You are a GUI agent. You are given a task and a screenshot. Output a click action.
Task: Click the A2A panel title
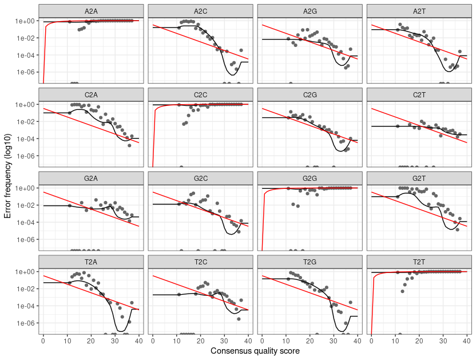[91, 10]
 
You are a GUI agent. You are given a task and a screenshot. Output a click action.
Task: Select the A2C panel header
[200, 10]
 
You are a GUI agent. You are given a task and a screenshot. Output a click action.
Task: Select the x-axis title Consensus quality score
[255, 350]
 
